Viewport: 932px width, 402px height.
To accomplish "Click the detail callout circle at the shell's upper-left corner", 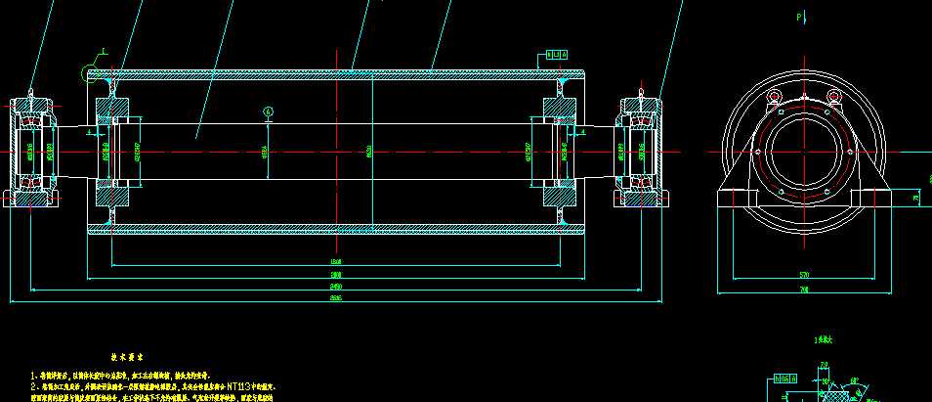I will [105, 51].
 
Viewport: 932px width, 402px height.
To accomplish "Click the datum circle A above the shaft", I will [270, 111].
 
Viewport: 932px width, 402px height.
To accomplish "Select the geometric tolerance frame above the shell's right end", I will [554, 56].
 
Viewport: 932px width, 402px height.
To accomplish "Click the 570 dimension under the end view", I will [804, 276].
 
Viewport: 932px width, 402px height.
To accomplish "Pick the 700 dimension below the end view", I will [804, 290].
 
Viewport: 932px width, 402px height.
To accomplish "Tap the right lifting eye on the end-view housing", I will [833, 96].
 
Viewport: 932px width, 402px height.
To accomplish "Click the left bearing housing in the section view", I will [32, 152].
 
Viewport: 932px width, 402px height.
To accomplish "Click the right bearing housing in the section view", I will [641, 152].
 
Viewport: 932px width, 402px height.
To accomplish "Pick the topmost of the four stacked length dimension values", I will [335, 263].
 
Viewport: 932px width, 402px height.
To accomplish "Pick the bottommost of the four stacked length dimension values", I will [335, 299].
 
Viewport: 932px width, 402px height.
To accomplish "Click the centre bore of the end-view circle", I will [804, 152].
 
